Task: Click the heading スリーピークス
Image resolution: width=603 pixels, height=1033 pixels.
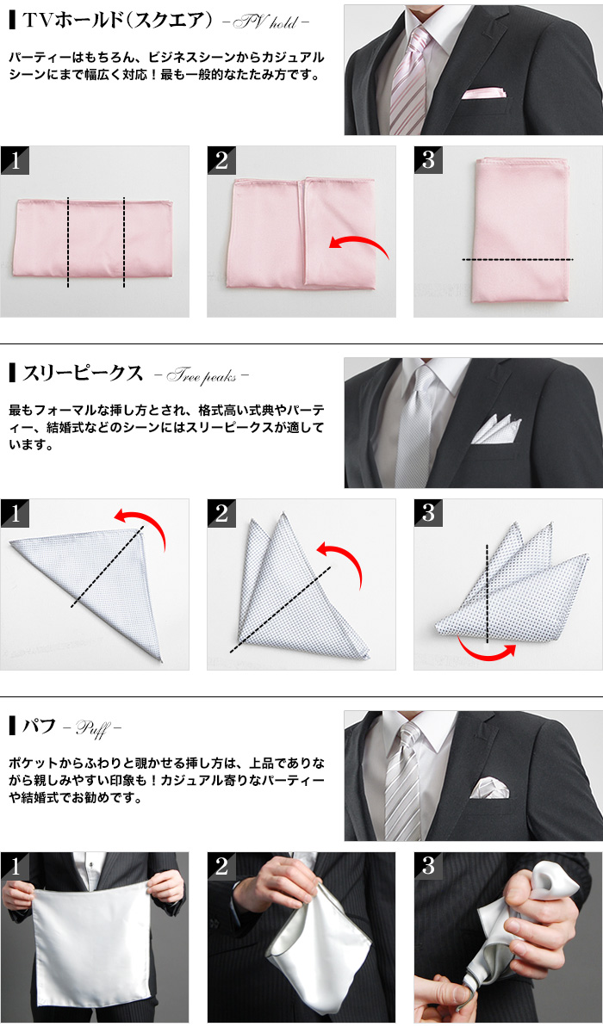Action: click(83, 374)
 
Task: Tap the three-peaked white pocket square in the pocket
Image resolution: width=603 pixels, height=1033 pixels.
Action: click(497, 428)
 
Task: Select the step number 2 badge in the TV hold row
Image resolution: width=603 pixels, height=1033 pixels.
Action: click(221, 160)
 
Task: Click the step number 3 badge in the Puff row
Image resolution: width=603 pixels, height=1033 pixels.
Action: click(428, 867)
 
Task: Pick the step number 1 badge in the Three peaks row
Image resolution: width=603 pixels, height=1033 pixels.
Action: click(15, 514)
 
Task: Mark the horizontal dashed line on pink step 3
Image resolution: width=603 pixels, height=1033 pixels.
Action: click(517, 259)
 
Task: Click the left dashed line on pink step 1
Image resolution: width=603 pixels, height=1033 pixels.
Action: click(68, 242)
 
